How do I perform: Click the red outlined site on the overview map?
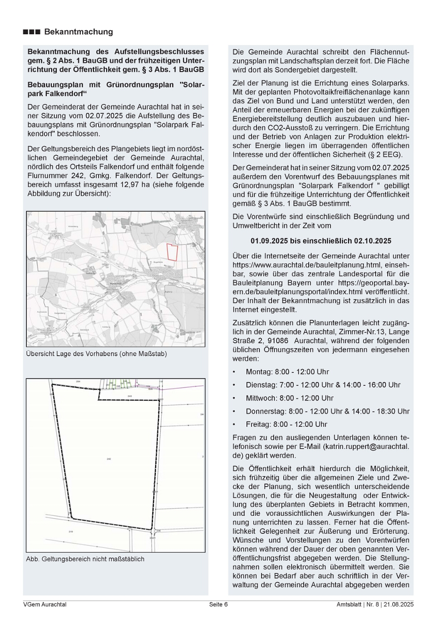pos(172,252)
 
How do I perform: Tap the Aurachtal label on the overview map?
pos(114,283)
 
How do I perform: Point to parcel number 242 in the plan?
pos(109,459)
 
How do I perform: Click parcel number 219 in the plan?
pos(71,532)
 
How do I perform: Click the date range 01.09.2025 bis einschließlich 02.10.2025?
pos(321,241)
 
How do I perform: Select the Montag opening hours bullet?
pos(287,372)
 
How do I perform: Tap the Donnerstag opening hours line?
pos(328,411)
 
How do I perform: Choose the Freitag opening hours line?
pos(286,424)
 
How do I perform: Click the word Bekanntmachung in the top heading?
pos(79,32)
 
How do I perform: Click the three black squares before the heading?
pos(32,32)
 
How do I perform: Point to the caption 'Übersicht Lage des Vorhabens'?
pos(97,354)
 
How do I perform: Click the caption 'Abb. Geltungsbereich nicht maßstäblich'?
pos(85,559)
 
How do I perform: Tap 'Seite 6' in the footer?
pos(218,604)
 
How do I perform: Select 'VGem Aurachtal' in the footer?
pos(45,604)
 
